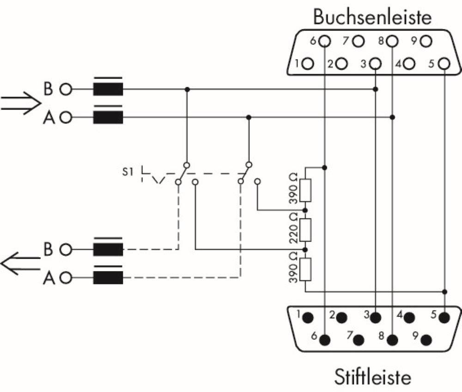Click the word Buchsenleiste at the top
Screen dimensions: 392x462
372,17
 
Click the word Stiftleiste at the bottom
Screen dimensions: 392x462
372,376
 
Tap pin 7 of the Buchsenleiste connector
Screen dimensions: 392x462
358,41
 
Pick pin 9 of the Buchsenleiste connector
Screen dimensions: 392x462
426,41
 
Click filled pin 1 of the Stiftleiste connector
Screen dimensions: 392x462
308,318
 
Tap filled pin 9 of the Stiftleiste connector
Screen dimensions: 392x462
426,340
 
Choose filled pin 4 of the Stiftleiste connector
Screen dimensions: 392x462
409,318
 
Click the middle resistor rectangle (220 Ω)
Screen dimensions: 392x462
305,230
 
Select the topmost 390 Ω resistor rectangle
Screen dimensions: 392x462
305,190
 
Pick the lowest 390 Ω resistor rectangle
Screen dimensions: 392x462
305,270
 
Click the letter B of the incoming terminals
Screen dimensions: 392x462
49,88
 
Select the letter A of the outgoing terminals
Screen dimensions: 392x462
49,278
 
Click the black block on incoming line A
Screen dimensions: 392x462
108,118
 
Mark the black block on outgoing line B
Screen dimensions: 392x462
108,249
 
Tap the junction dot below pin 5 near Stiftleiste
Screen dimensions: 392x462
444,292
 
